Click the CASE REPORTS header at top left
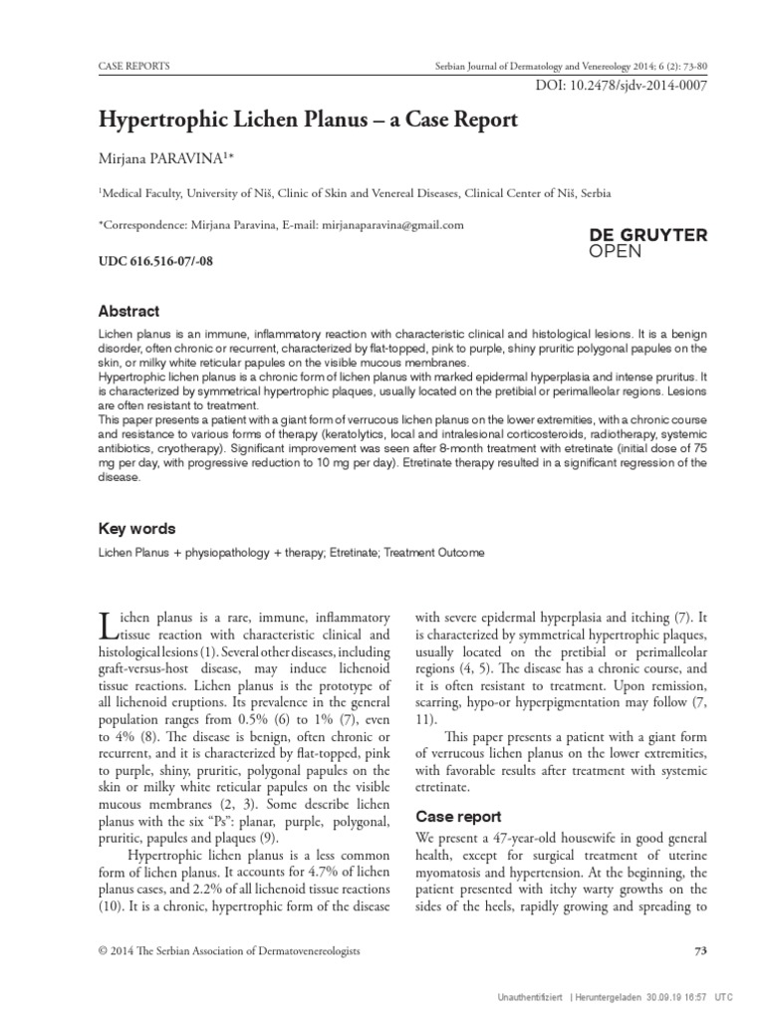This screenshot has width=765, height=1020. [x=133, y=66]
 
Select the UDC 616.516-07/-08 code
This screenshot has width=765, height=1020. [x=154, y=262]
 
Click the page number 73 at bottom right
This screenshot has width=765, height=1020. [x=699, y=952]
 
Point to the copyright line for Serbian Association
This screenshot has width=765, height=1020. [x=229, y=952]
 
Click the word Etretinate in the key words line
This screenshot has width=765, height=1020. [x=351, y=553]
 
